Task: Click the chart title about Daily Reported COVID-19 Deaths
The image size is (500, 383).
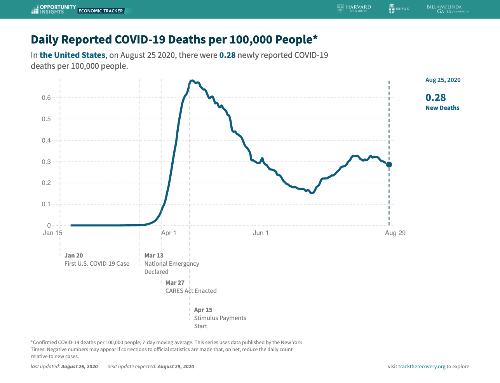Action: [x=174, y=40]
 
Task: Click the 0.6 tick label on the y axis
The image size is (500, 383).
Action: [x=46, y=98]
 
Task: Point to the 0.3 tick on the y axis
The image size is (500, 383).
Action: [x=46, y=162]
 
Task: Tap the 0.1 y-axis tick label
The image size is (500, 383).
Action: [x=46, y=204]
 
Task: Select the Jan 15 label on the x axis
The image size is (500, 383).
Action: [x=52, y=233]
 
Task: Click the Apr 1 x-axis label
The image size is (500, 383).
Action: [x=169, y=233]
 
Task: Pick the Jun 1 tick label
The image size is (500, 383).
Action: [x=261, y=233]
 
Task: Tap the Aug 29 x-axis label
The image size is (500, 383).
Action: [x=395, y=233]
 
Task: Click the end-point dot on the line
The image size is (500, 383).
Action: [x=389, y=165]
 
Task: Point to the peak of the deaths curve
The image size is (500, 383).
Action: [x=192, y=81]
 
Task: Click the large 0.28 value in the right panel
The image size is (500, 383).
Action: [x=436, y=97]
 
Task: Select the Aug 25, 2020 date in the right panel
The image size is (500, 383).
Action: [x=443, y=80]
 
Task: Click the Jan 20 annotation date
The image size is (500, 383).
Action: [x=74, y=256]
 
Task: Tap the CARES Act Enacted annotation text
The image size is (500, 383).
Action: [x=191, y=291]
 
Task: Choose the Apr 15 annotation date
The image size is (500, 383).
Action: [x=203, y=310]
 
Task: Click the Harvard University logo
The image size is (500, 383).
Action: [x=354, y=9]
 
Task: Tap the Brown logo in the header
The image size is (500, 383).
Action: [x=399, y=9]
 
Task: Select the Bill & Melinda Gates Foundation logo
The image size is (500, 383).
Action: [x=448, y=9]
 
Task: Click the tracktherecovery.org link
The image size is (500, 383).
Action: [x=422, y=367]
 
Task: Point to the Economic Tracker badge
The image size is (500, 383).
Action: [x=101, y=11]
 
